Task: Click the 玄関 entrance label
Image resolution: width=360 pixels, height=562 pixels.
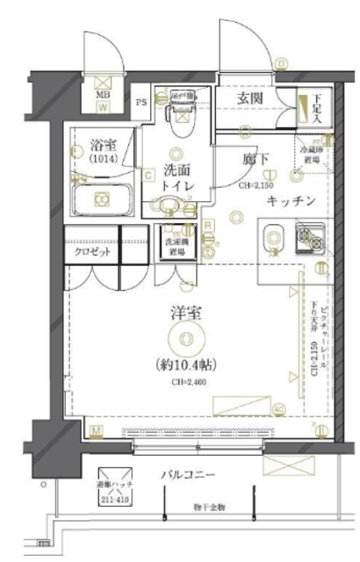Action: click(253, 98)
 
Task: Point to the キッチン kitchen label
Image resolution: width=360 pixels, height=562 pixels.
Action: click(292, 201)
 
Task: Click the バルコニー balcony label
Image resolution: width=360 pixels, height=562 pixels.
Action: click(188, 475)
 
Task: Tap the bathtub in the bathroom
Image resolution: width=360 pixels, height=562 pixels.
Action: click(100, 200)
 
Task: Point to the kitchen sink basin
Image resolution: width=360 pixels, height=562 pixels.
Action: click(271, 236)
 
